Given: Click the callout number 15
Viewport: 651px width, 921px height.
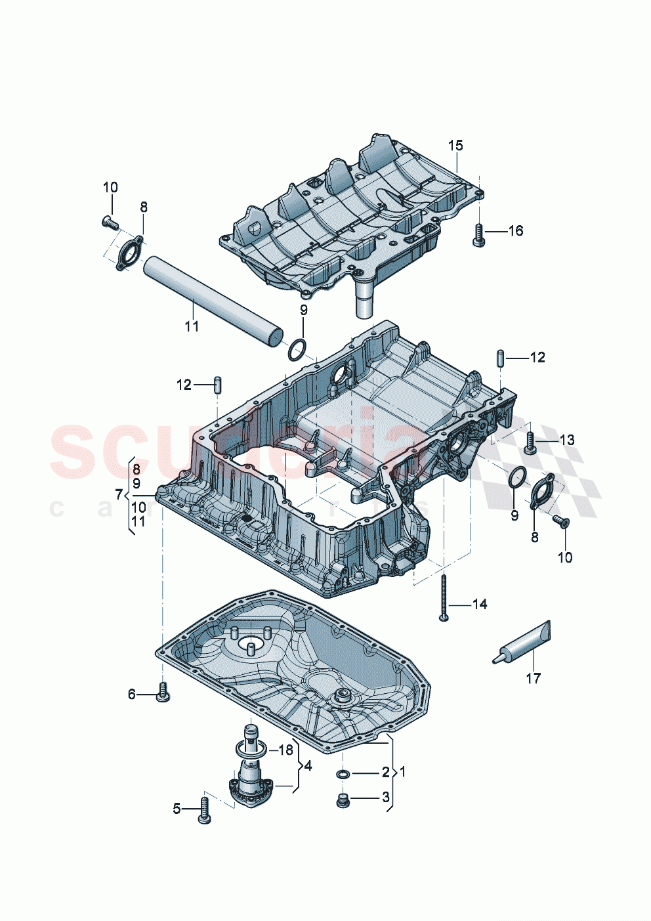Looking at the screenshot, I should coord(455,145).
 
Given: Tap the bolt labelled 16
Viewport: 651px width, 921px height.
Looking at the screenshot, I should coord(478,234).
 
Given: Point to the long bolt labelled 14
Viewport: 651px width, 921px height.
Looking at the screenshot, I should coord(444,596).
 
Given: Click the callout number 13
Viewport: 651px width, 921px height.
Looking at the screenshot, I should coord(566,439).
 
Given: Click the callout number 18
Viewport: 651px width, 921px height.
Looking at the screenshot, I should coord(286,750).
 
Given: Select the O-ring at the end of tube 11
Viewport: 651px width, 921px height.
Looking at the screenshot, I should coord(297,351).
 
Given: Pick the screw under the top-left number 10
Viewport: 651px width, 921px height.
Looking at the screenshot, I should coord(110,223).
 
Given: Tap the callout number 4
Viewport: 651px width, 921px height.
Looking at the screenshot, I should coord(308,765).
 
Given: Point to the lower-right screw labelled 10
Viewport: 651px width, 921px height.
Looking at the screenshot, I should coord(561,522).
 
